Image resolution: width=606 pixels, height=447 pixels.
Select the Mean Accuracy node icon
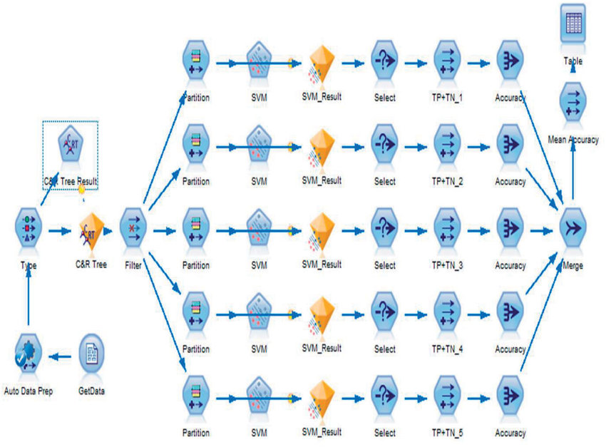point(573,104)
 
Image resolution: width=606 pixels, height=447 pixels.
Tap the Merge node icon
point(573,230)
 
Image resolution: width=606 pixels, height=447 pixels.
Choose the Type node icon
point(29,230)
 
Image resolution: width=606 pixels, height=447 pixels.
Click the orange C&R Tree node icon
point(91,230)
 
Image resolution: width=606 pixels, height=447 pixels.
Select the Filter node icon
point(133,230)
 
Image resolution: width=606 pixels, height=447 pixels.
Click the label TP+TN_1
point(448,97)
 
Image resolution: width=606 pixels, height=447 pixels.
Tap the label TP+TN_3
point(448,265)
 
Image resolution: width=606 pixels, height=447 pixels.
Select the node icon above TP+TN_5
point(447,399)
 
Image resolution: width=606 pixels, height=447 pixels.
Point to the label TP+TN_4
point(448,349)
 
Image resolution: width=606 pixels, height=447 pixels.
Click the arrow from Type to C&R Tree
point(61,230)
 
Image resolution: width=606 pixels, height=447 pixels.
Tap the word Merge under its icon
point(572,265)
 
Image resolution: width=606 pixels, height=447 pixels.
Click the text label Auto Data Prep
point(29,391)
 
